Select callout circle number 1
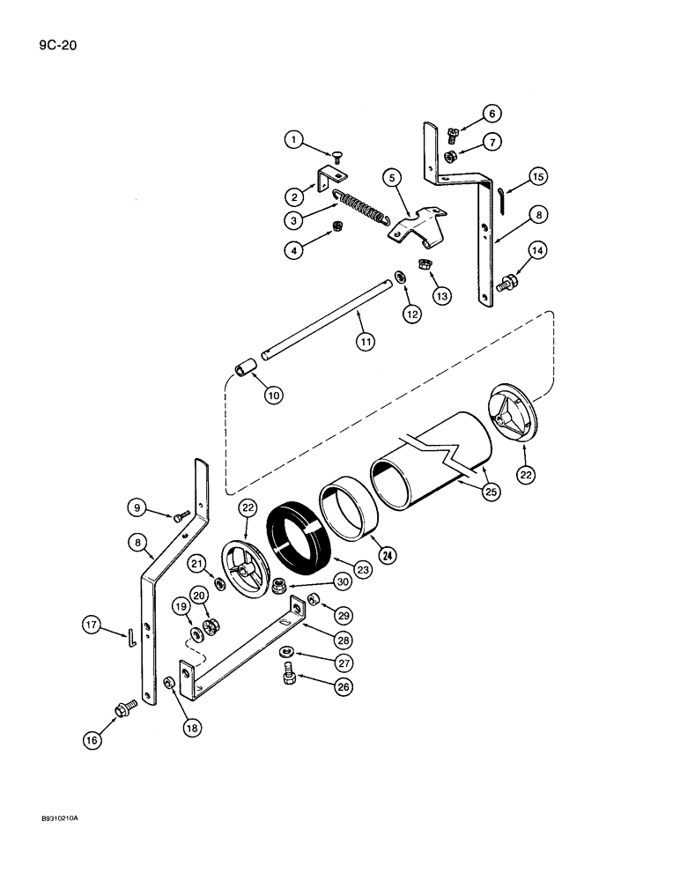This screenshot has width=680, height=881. [293, 141]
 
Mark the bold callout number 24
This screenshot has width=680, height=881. [385, 554]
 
